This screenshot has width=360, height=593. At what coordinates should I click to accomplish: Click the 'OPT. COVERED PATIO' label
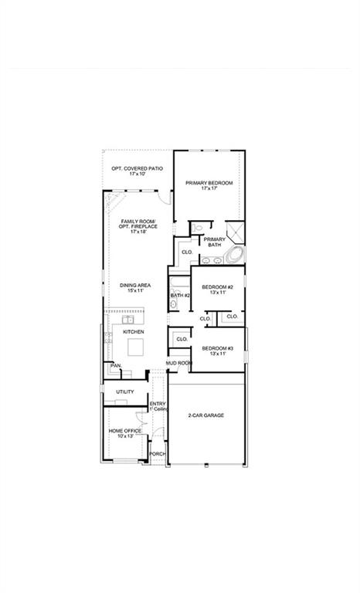(x=137, y=168)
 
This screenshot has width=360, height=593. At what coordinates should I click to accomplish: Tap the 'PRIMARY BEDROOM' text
(x=209, y=183)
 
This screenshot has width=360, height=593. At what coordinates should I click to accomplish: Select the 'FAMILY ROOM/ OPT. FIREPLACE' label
(x=138, y=226)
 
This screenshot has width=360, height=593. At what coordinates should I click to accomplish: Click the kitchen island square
(x=136, y=346)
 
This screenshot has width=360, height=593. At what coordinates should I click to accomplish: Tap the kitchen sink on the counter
(x=127, y=319)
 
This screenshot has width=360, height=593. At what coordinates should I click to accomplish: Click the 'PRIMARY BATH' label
(x=214, y=242)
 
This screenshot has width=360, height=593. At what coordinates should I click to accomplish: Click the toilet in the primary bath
(x=198, y=228)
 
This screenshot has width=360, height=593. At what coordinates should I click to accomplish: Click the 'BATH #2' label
(x=180, y=295)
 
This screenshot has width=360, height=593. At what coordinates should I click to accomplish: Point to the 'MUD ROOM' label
(x=178, y=362)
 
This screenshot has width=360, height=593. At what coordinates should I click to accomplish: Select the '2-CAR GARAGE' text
(x=206, y=415)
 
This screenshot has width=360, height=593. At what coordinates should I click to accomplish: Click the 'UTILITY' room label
(x=125, y=392)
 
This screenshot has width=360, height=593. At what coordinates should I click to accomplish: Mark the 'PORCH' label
(x=158, y=454)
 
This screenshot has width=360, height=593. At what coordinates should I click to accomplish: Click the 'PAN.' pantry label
(x=115, y=365)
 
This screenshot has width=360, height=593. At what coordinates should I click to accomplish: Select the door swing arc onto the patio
(x=165, y=200)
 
